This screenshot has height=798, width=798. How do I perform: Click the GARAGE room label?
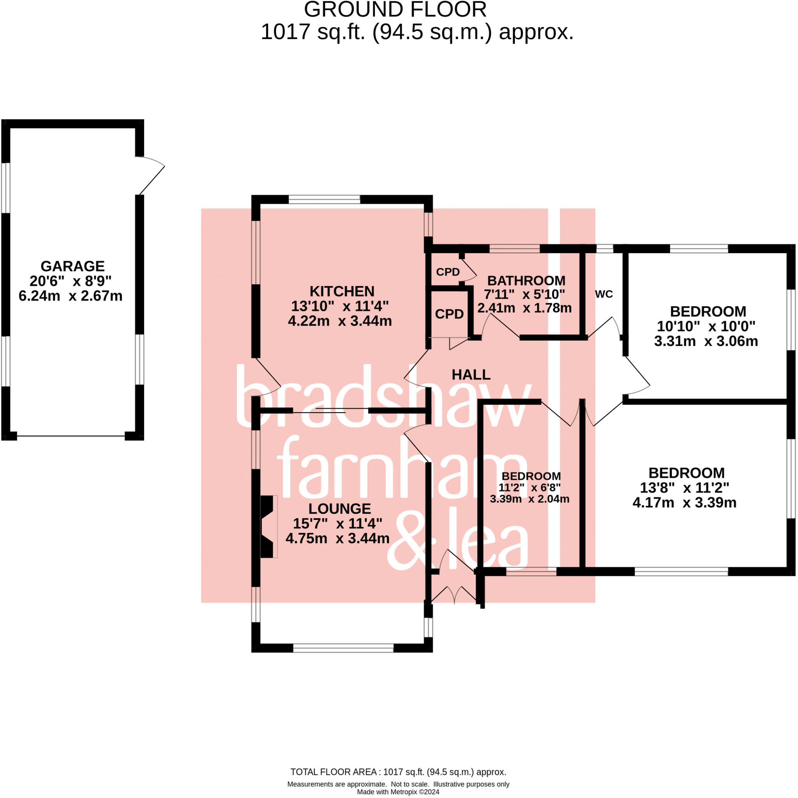pyautogui.click(x=72, y=266)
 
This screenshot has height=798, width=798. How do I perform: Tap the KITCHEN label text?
pyautogui.click(x=342, y=291)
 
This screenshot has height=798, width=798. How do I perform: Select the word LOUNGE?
pyautogui.click(x=340, y=508)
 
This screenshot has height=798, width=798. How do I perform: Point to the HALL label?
pyautogui.click(x=471, y=374)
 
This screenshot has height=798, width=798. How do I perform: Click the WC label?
pyautogui.click(x=604, y=294)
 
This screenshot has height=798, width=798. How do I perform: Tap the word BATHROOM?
pyautogui.click(x=526, y=281)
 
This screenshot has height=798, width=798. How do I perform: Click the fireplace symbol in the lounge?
pyautogui.click(x=268, y=527)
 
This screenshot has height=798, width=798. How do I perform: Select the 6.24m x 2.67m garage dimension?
pyautogui.click(x=71, y=296)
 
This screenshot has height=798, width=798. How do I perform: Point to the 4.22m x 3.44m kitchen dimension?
pyautogui.click(x=340, y=321)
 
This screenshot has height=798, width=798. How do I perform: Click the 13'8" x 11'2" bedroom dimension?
pyautogui.click(x=684, y=488)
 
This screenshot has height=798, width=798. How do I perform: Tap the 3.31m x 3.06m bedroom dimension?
pyautogui.click(x=706, y=341)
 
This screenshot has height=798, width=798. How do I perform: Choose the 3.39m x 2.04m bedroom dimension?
pyautogui.click(x=530, y=499)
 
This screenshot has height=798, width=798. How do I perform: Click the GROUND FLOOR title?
pyautogui.click(x=395, y=9)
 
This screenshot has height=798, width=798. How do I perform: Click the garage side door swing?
pyautogui.click(x=151, y=175)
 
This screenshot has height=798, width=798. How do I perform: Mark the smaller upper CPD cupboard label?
pyautogui.click(x=448, y=272)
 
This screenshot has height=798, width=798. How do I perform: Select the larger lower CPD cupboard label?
pyautogui.click(x=449, y=314)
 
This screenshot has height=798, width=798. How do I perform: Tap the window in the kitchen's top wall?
pyautogui.click(x=324, y=200)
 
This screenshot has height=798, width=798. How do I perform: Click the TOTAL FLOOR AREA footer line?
pyautogui.click(x=398, y=772)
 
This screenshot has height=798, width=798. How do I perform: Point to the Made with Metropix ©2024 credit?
pyautogui.click(x=398, y=792)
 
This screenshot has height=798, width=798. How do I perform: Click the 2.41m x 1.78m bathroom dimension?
pyautogui.click(x=524, y=308)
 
